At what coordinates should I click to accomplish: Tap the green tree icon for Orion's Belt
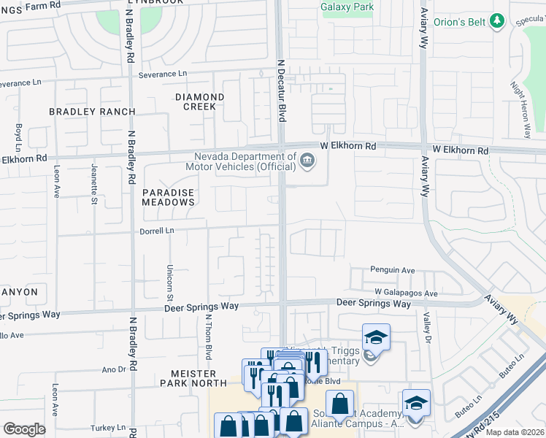pyautogui.click(x=497, y=20)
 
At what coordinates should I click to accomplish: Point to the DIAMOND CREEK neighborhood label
pyautogui.click(x=199, y=101)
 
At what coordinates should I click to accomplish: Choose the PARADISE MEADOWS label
pyautogui.click(x=169, y=197)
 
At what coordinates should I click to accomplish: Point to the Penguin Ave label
pyautogui.click(x=393, y=269)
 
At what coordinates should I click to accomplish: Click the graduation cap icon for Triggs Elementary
pyautogui.click(x=376, y=337)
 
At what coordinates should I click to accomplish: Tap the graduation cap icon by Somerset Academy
pyautogui.click(x=416, y=402)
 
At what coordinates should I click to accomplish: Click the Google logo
pyautogui.click(x=24, y=429)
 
